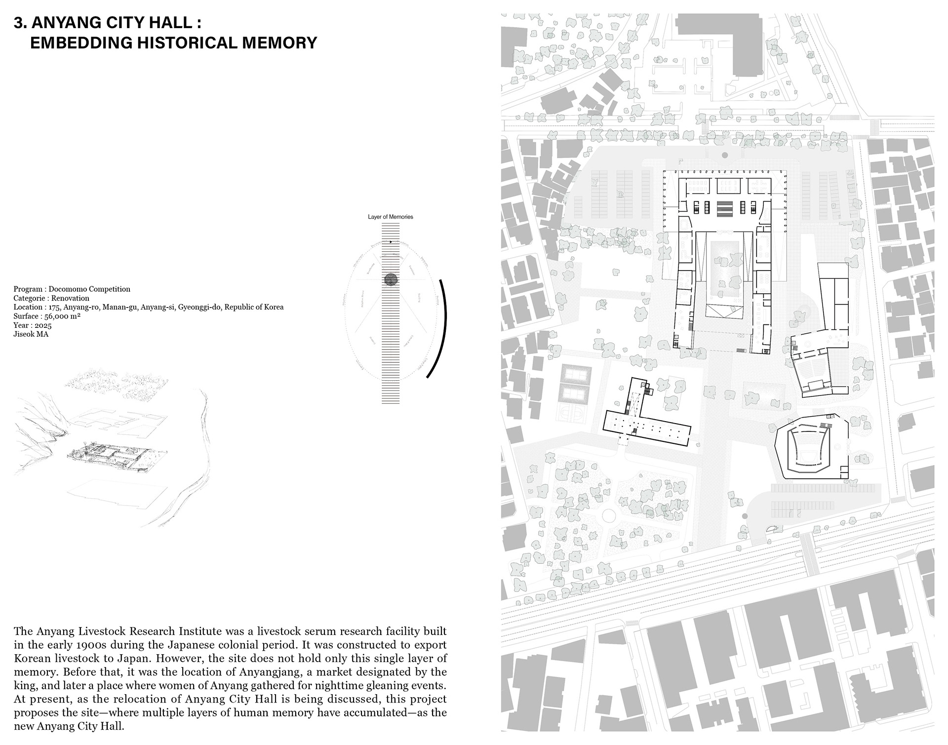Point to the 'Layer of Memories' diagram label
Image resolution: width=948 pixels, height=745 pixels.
[x=390, y=217]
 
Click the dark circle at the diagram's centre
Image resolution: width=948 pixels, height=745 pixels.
[x=391, y=280]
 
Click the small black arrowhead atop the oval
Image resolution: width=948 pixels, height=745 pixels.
[x=391, y=242]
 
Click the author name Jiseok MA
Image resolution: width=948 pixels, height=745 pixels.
[x=31, y=334]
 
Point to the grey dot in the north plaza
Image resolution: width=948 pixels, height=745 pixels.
[x=724, y=155]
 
